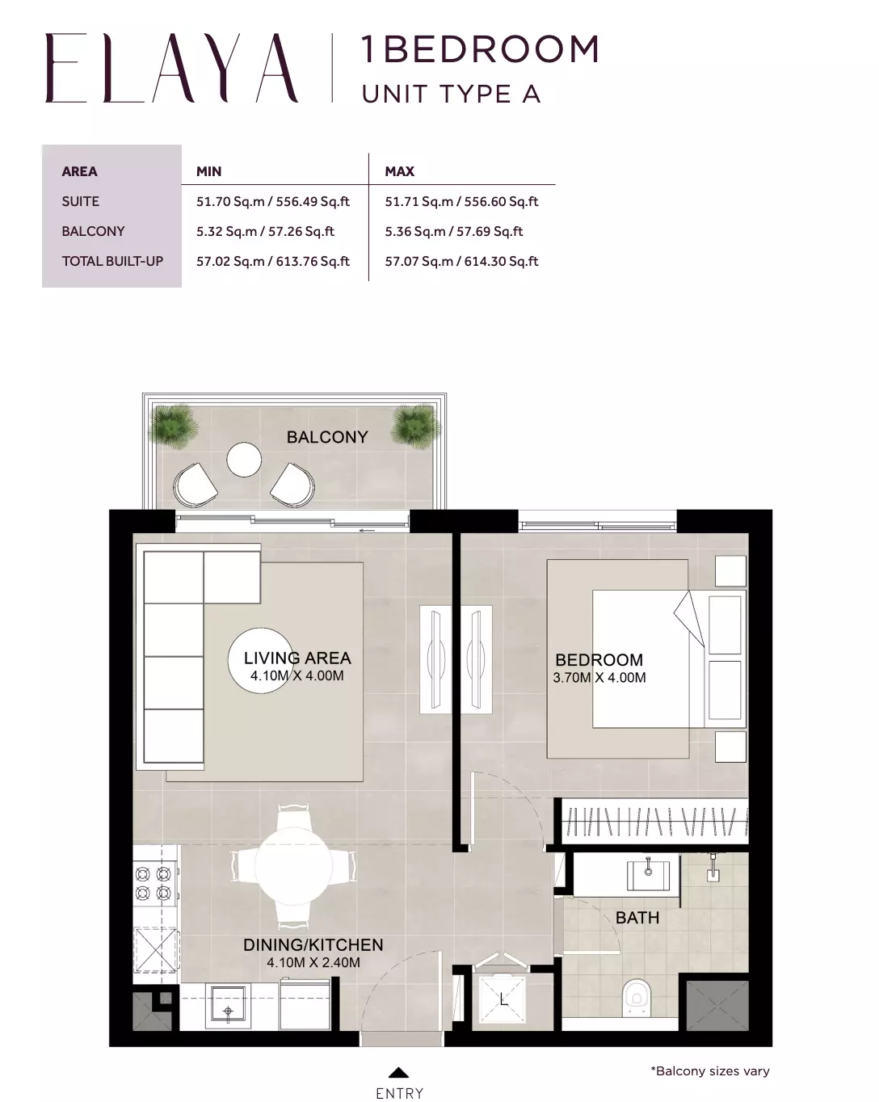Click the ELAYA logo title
pyautogui.click(x=171, y=68)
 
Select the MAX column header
pyautogui.click(x=400, y=171)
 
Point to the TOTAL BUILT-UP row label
pyautogui.click(x=112, y=262)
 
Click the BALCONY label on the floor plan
pyautogui.click(x=327, y=437)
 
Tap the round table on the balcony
pyautogui.click(x=244, y=460)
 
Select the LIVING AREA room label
pyautogui.click(x=297, y=658)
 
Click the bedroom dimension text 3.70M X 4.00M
pyautogui.click(x=599, y=678)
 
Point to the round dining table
pyautogui.click(x=293, y=866)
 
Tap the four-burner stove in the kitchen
pyautogui.click(x=154, y=883)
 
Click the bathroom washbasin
pyautogui.click(x=648, y=875)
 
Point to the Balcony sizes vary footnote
pyautogui.click(x=710, y=1070)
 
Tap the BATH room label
pyautogui.click(x=637, y=918)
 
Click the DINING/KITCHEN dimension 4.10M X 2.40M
pyautogui.click(x=313, y=962)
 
